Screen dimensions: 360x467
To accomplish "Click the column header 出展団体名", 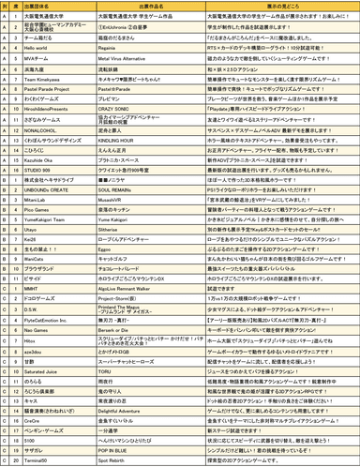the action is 56,7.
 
